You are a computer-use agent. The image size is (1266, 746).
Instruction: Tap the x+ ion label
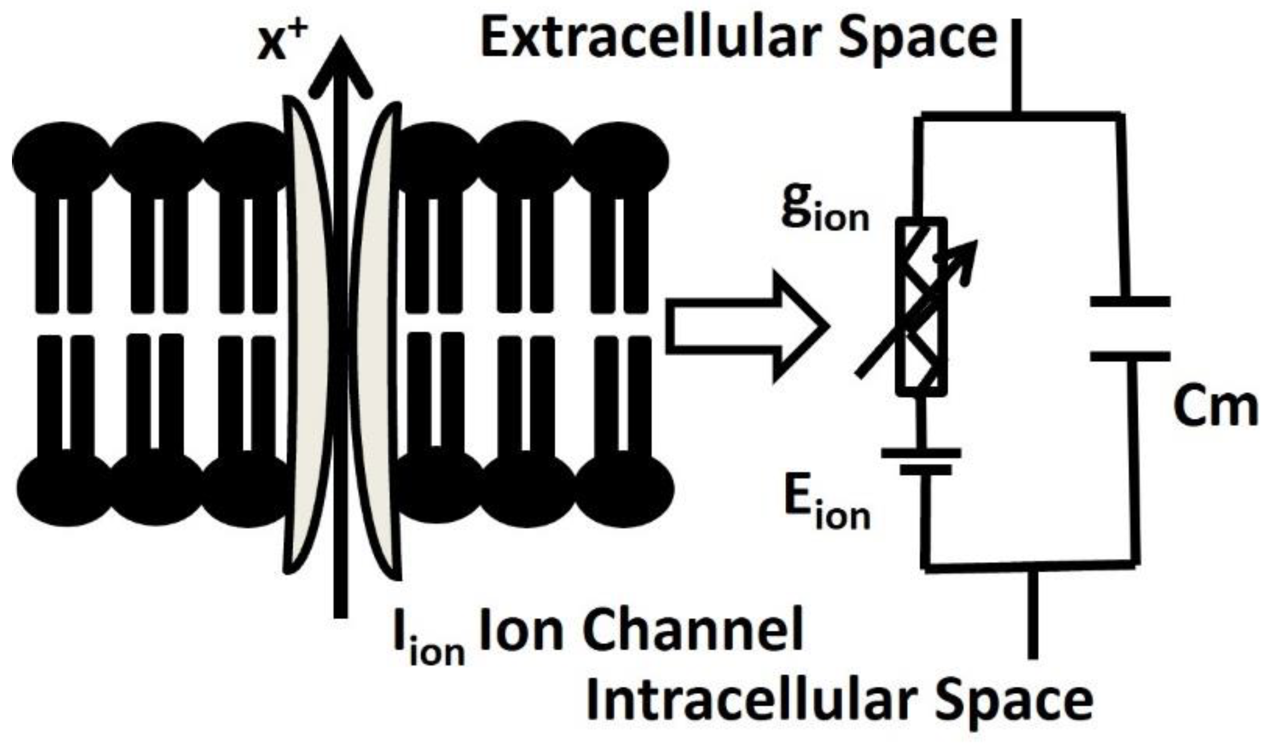tap(279, 46)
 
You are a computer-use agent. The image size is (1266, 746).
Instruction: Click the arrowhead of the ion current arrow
tap(341, 66)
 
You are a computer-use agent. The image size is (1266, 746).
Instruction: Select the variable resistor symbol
tap(921, 307)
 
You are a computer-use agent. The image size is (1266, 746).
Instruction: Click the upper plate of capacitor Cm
tap(1130, 301)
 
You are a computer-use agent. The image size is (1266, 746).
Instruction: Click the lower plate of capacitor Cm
tap(1130, 356)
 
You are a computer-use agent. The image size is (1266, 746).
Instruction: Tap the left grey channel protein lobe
tap(308, 337)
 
